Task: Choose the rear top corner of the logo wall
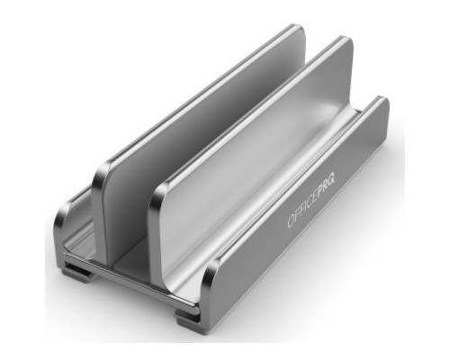click(x=382, y=101)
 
